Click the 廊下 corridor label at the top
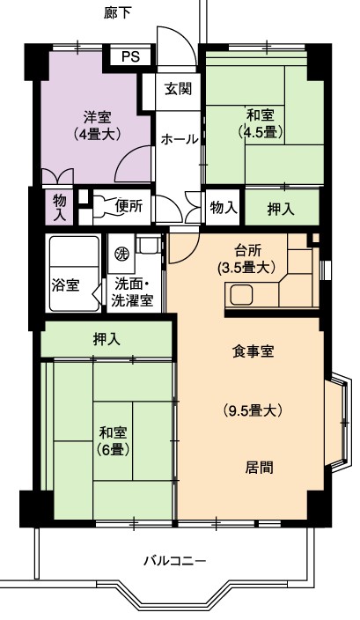tap(118, 12)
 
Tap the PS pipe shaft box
tap(130, 57)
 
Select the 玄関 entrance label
tap(173, 88)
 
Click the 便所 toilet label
tap(129, 207)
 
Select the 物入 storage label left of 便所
tap(59, 207)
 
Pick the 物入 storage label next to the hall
tap(223, 207)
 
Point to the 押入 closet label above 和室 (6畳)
tap(107, 338)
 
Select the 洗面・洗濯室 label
tap(132, 292)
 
